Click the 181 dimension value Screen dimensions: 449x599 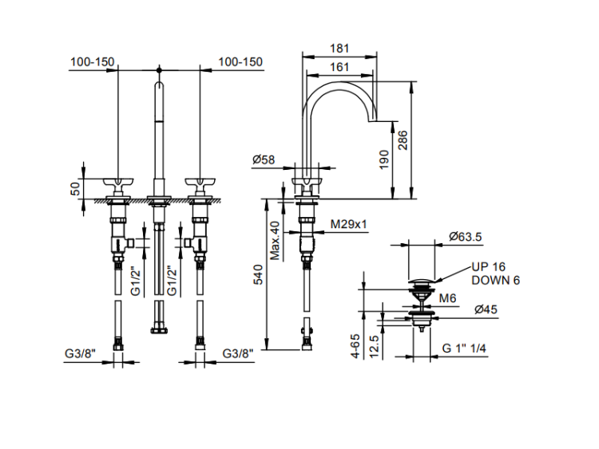(x=339, y=48)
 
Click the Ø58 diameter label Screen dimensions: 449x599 (x=264, y=160)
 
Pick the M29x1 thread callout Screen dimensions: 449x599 (x=349, y=225)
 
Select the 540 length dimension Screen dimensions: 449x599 (x=257, y=275)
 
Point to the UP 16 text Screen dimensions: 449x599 (x=488, y=267)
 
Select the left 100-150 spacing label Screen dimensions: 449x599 (x=93, y=61)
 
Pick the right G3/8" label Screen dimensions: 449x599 (x=239, y=353)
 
